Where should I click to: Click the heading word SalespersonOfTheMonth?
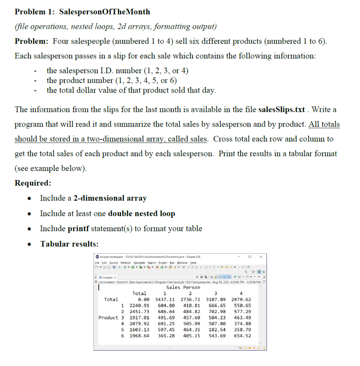pyautogui.click(x=104, y=11)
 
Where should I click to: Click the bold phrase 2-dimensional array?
pyautogui.click(x=110, y=198)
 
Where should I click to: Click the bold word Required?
pyautogui.click(x=33, y=183)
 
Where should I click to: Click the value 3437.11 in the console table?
pyautogui.click(x=165, y=299)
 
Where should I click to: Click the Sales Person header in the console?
pyautogui.click(x=183, y=287)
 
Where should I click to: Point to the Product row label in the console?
pyautogui.click(x=108, y=317)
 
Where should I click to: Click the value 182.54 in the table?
pyautogui.click(x=217, y=330)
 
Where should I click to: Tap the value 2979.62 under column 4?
pyautogui.click(x=241, y=299)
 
